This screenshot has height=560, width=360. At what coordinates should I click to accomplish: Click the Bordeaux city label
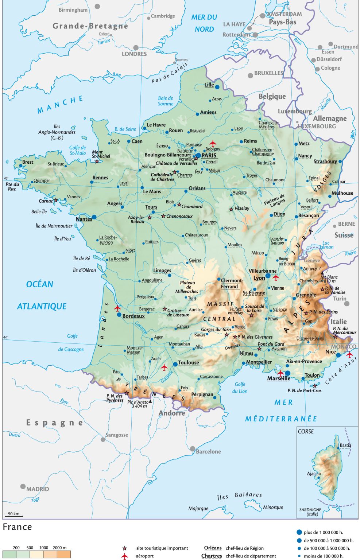pyautogui.click(x=133, y=316)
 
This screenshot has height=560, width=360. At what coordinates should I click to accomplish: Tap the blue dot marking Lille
pyautogui.click(x=217, y=87)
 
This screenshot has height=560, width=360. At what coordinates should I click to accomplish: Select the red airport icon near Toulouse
pyautogui.click(x=164, y=367)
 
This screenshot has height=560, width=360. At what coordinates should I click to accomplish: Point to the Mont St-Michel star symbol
pyautogui.click(x=97, y=161)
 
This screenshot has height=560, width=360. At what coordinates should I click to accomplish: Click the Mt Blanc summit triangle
pyautogui.click(x=322, y=273)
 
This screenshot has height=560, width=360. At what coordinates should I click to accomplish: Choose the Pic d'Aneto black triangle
pyautogui.click(x=150, y=401)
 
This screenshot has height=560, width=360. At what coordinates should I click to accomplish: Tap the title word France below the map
pyautogui.click(x=17, y=527)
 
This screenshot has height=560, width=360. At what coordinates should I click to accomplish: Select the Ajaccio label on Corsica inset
pyautogui.click(x=314, y=473)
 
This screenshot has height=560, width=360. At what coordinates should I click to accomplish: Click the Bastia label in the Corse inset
pyautogui.click(x=345, y=445)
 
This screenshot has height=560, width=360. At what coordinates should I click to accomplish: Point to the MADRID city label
pyautogui.click(x=37, y=489)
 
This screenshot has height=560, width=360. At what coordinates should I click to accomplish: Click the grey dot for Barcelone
pyautogui.click(x=193, y=449)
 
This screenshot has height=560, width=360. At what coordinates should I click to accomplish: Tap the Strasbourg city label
pyautogui.click(x=325, y=161)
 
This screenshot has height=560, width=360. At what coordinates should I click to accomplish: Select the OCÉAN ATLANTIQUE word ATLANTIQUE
pyautogui.click(x=42, y=306)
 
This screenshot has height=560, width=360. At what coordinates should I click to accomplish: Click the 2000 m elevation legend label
pyautogui.click(x=59, y=548)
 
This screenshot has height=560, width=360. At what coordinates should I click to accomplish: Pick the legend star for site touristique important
pyautogui.click(x=125, y=548)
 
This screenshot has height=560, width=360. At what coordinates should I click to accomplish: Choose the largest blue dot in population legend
pyautogui.click(x=299, y=532)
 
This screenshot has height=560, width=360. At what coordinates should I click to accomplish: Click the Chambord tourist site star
pyautogui.click(x=179, y=205)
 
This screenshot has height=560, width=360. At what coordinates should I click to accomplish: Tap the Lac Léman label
pyautogui.click(x=327, y=245)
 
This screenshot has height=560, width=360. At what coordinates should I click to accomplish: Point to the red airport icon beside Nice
pyautogui.click(x=349, y=354)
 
